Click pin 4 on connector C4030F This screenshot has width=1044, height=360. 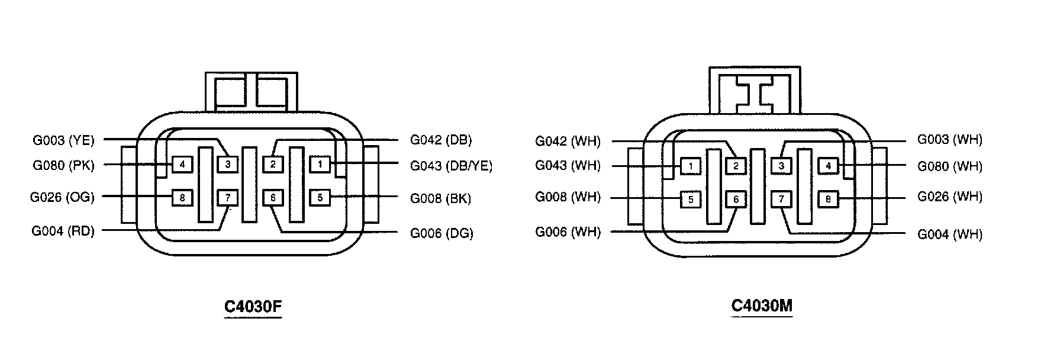(182, 164)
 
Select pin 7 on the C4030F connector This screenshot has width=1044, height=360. (228, 198)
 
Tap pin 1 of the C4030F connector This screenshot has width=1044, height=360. (320, 164)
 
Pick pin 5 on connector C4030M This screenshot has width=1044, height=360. (691, 200)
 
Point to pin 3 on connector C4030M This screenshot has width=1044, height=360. (781, 166)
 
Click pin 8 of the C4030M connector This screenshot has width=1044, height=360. (827, 200)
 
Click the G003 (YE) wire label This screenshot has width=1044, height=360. (63, 140)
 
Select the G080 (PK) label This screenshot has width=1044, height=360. (63, 165)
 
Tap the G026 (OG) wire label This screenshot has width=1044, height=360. (62, 197)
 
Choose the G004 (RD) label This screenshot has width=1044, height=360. (63, 232)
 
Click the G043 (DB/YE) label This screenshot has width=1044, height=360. (451, 166)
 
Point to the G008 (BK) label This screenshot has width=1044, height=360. (440, 199)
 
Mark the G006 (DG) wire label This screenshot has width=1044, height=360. (442, 233)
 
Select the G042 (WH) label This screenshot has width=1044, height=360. (568, 142)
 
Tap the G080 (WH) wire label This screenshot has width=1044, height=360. (950, 166)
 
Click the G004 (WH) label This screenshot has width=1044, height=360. (950, 234)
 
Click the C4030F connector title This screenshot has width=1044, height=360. (253, 307)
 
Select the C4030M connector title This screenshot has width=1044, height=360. (762, 306)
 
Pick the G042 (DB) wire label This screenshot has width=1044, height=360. (441, 140)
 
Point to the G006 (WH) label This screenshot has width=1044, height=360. (568, 232)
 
